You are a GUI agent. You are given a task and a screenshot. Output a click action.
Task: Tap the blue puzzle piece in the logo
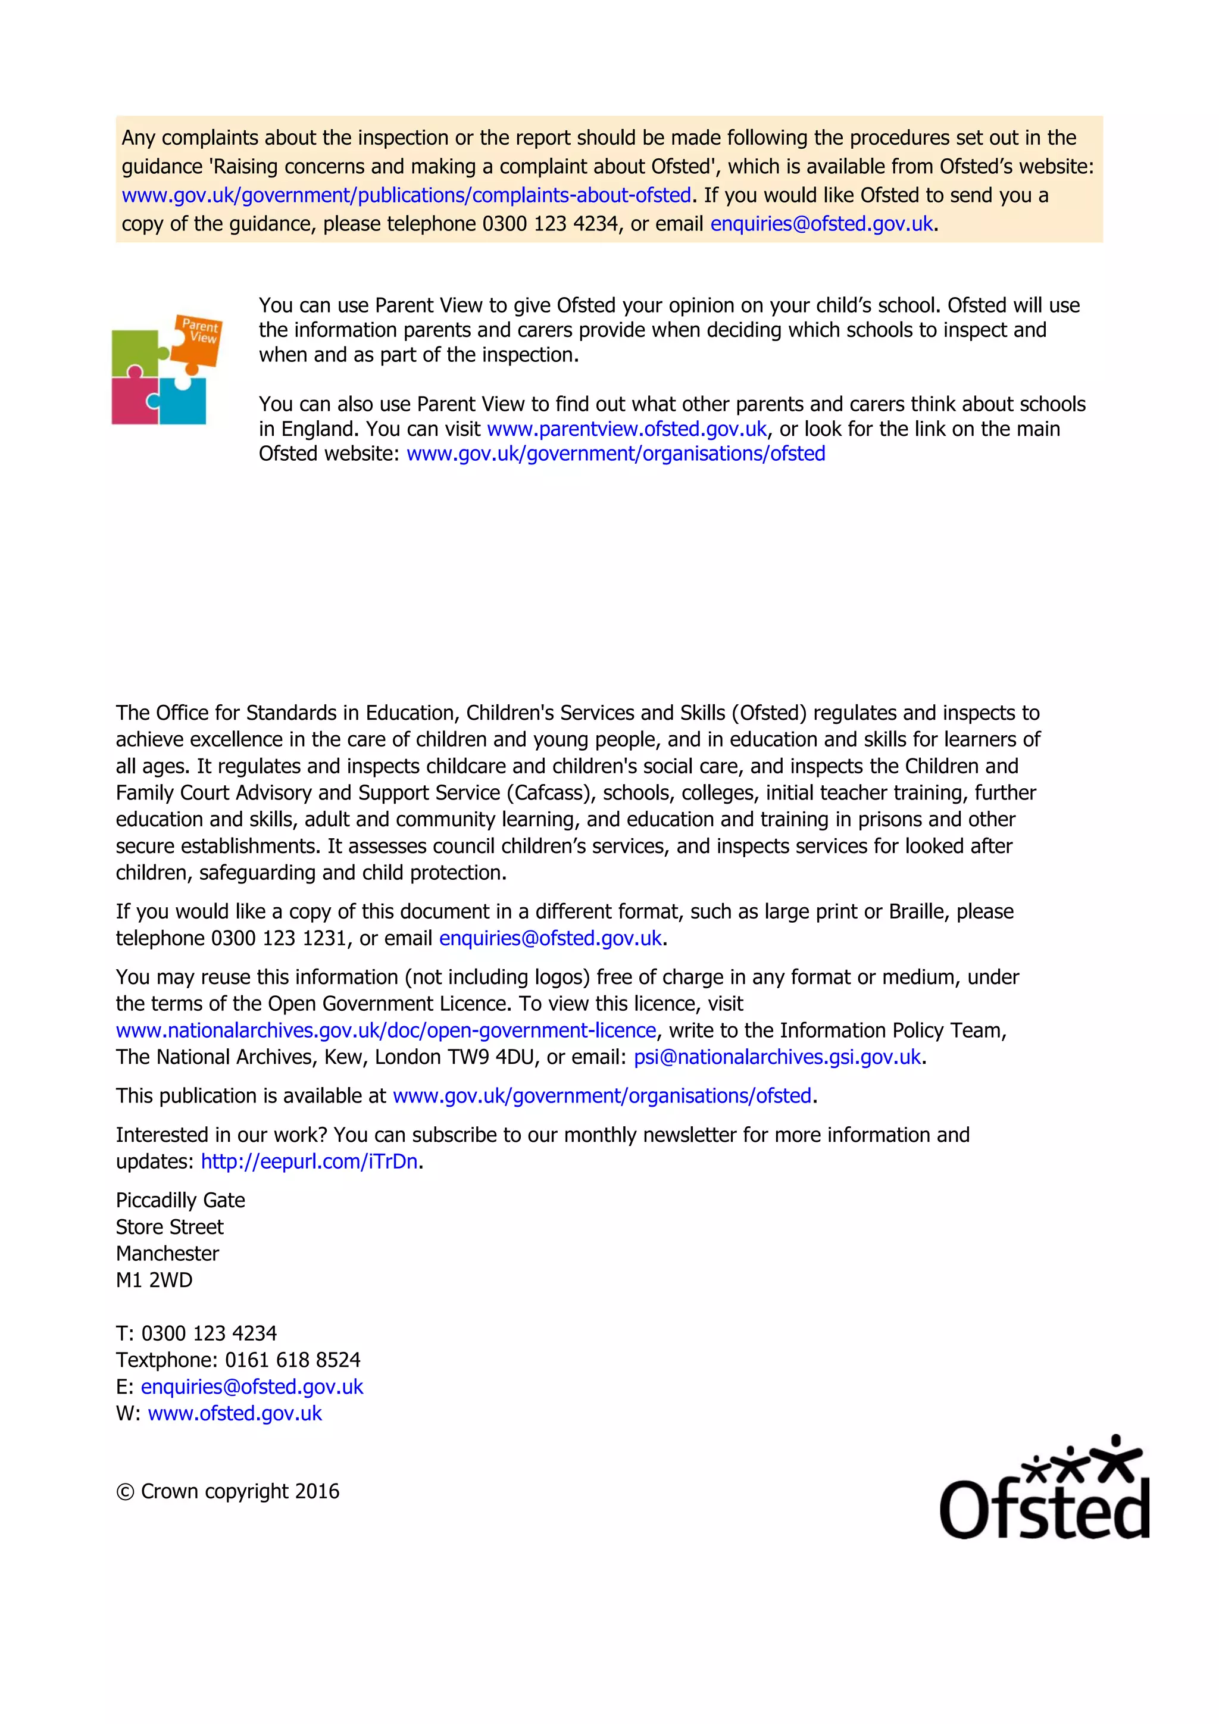click(x=184, y=402)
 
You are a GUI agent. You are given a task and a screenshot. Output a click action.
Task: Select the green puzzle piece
click(x=137, y=354)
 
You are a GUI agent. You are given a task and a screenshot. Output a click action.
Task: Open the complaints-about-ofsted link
click(x=406, y=195)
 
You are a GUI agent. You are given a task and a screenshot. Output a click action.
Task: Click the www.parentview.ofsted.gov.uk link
click(x=627, y=429)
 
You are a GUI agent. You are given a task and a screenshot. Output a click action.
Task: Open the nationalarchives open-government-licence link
click(x=386, y=1030)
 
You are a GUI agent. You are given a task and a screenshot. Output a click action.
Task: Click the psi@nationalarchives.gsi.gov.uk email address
click(x=777, y=1057)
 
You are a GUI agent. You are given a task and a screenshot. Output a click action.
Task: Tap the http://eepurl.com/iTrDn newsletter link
click(x=308, y=1161)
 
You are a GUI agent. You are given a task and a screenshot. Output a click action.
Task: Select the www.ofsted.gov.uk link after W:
click(x=235, y=1413)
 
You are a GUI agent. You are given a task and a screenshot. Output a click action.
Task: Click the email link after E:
click(x=252, y=1387)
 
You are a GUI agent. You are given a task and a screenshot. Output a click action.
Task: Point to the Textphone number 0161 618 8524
click(x=293, y=1360)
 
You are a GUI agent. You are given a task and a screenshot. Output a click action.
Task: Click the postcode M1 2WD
click(x=154, y=1280)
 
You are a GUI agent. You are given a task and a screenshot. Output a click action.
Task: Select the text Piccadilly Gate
click(x=180, y=1200)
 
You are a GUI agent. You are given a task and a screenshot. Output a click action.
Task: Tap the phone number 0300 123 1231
click(x=279, y=939)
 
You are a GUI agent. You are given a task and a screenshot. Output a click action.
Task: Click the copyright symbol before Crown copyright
click(x=124, y=1492)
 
